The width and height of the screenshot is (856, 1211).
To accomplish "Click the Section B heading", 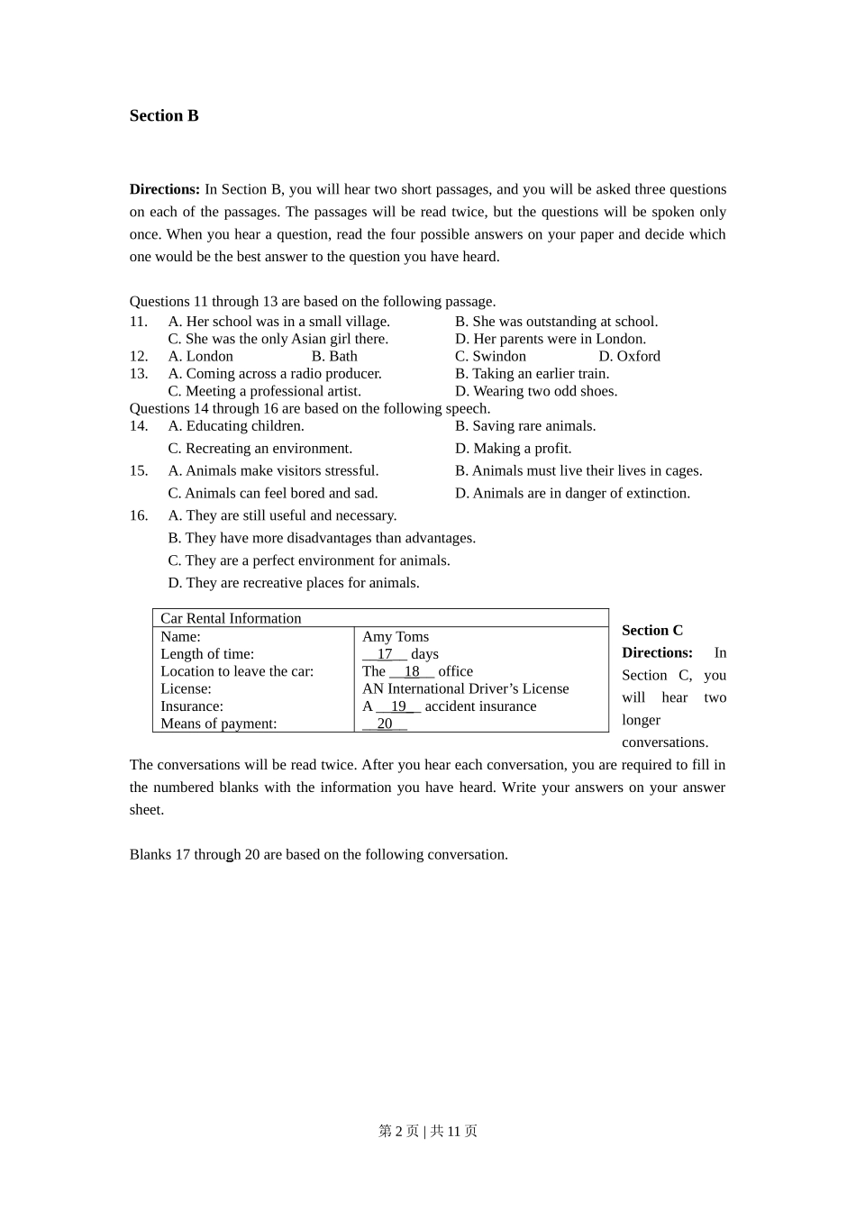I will (164, 115).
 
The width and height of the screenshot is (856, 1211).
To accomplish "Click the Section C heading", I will (652, 631).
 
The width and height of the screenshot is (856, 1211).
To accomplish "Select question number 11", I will (138, 322).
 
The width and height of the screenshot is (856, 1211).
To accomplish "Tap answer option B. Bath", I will (334, 356).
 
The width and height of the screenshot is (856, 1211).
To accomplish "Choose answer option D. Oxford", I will (629, 356).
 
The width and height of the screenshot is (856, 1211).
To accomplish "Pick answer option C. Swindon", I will (490, 356).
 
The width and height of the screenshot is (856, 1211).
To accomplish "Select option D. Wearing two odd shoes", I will (536, 391).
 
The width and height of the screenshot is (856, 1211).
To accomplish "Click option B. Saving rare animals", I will (525, 426).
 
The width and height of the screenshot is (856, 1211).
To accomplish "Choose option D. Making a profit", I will (513, 449).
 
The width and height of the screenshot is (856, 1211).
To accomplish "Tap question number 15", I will (138, 471).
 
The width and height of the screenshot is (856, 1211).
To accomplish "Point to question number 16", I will (138, 515).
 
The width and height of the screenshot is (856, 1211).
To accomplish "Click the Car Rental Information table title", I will (231, 618).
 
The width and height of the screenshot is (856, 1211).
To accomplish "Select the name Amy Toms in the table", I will (396, 637).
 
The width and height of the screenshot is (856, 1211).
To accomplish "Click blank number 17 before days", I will (385, 654).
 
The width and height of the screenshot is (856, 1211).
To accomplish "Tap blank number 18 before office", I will (412, 671).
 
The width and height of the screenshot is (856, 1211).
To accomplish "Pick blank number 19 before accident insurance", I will (398, 706).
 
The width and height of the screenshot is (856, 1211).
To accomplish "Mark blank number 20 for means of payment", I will (385, 724).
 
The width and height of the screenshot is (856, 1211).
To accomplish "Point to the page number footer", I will (428, 1131).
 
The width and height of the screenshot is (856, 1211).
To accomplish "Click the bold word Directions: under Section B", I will (165, 189).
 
